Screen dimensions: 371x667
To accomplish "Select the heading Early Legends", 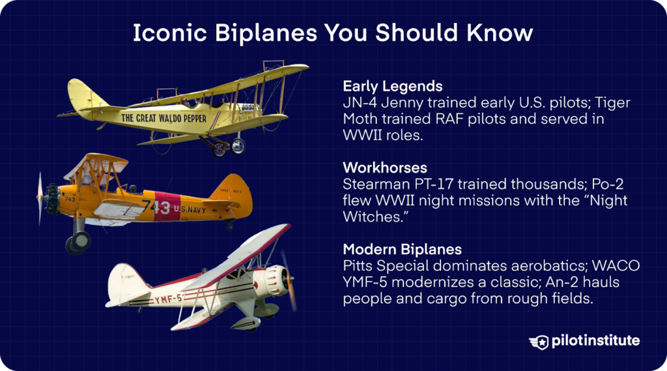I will click(x=392, y=86).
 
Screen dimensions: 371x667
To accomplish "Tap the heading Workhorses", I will click(x=384, y=168).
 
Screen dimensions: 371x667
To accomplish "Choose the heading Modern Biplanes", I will click(x=403, y=250).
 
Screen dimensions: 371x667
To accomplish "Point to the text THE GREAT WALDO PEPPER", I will click(x=163, y=119).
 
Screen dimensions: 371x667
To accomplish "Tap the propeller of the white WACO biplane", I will click(x=287, y=280).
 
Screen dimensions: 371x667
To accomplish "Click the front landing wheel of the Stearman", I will click(x=78, y=242).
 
